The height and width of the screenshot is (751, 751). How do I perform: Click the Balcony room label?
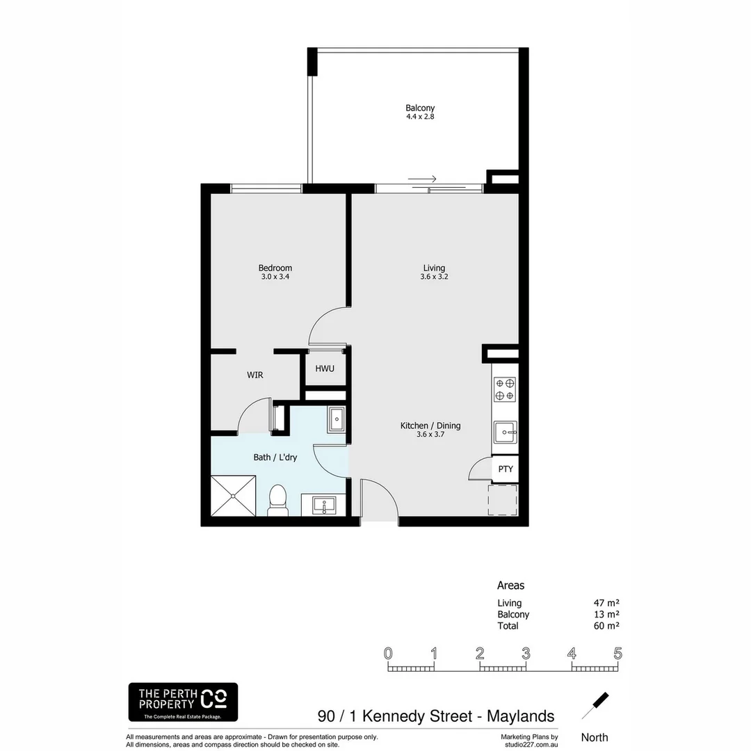pyautogui.click(x=420, y=108)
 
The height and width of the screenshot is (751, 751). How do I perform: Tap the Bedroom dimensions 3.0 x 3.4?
pyautogui.click(x=275, y=277)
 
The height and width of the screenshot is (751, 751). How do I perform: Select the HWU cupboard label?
pyautogui.click(x=325, y=369)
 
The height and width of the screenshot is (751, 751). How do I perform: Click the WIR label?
pyautogui.click(x=255, y=375)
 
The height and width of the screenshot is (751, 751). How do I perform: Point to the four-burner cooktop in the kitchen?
pyautogui.click(x=505, y=389)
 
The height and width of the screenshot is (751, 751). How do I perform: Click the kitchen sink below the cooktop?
pyautogui.click(x=505, y=432)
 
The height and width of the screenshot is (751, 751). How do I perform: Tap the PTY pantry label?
pyautogui.click(x=506, y=469)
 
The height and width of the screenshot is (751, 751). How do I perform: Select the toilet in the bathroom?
pyautogui.click(x=277, y=500)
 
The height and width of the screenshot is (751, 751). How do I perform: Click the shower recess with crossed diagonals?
pyautogui.click(x=233, y=494)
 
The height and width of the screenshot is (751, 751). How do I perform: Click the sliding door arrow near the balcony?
pyautogui.click(x=422, y=179)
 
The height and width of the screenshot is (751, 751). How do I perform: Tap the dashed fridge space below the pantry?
pyautogui.click(x=503, y=500)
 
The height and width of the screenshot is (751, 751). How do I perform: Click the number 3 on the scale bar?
pyautogui.click(x=526, y=654)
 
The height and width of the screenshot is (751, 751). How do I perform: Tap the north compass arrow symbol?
pyautogui.click(x=595, y=706)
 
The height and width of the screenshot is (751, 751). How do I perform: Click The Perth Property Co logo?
pyautogui.click(x=183, y=702)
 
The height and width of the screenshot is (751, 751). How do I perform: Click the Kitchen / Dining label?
pyautogui.click(x=430, y=426)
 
